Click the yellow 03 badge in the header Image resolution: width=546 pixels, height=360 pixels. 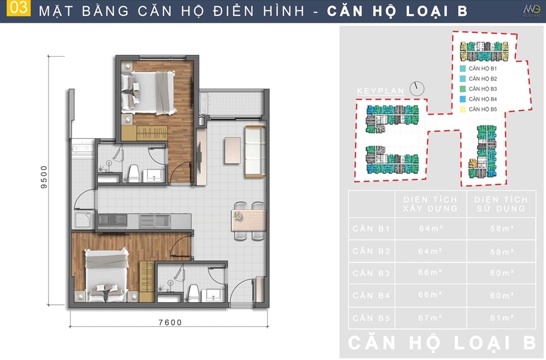(19, 8)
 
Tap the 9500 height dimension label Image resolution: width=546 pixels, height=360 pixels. (44, 177)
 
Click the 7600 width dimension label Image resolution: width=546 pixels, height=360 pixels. (170, 322)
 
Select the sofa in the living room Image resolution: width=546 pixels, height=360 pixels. (255, 152)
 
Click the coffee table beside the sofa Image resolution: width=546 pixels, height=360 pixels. (233, 150)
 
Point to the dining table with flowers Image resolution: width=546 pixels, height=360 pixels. (248, 220)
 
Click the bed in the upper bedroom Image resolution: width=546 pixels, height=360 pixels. (148, 93)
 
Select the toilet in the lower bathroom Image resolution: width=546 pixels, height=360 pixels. (194, 293)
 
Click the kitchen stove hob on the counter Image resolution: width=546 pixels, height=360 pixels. (112, 220)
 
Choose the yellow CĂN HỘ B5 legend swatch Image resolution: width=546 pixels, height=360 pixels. (462, 109)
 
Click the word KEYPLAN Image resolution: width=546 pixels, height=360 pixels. (381, 91)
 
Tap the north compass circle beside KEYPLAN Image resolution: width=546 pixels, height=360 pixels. (417, 89)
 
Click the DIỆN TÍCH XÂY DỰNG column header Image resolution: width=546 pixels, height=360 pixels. (430, 204)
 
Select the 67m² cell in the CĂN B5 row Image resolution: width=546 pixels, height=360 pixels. (431, 318)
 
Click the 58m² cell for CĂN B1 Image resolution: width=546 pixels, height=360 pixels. (502, 228)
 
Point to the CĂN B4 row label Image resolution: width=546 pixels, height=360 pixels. (371, 296)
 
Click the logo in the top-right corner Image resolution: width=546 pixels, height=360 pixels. (531, 11)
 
